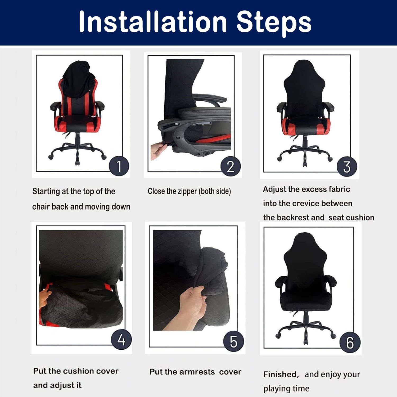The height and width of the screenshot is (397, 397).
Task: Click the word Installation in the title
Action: tap(153, 22)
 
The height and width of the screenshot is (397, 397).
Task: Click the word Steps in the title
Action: tap(274, 22)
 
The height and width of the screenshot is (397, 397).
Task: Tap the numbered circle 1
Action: tap(119, 166)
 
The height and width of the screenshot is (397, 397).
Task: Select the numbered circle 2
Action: tap(231, 166)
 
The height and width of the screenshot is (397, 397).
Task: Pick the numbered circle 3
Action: tap(347, 167)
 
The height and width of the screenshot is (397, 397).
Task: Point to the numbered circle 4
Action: tap(121, 340)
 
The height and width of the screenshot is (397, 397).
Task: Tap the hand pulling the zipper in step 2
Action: tap(158, 150)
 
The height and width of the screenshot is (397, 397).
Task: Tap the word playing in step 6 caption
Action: tap(275, 389)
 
